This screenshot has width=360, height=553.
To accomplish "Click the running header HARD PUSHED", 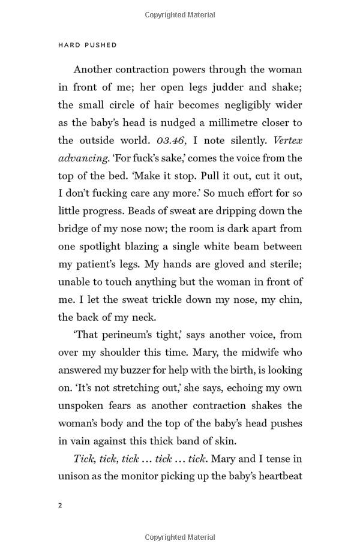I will click(88, 45).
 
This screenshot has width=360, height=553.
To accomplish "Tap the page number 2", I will click(61, 505).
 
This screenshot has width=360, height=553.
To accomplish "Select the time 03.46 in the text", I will click(173, 140).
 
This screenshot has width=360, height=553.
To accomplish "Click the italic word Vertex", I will click(287, 140).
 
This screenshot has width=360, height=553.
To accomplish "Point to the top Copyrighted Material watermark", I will click(179, 12).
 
